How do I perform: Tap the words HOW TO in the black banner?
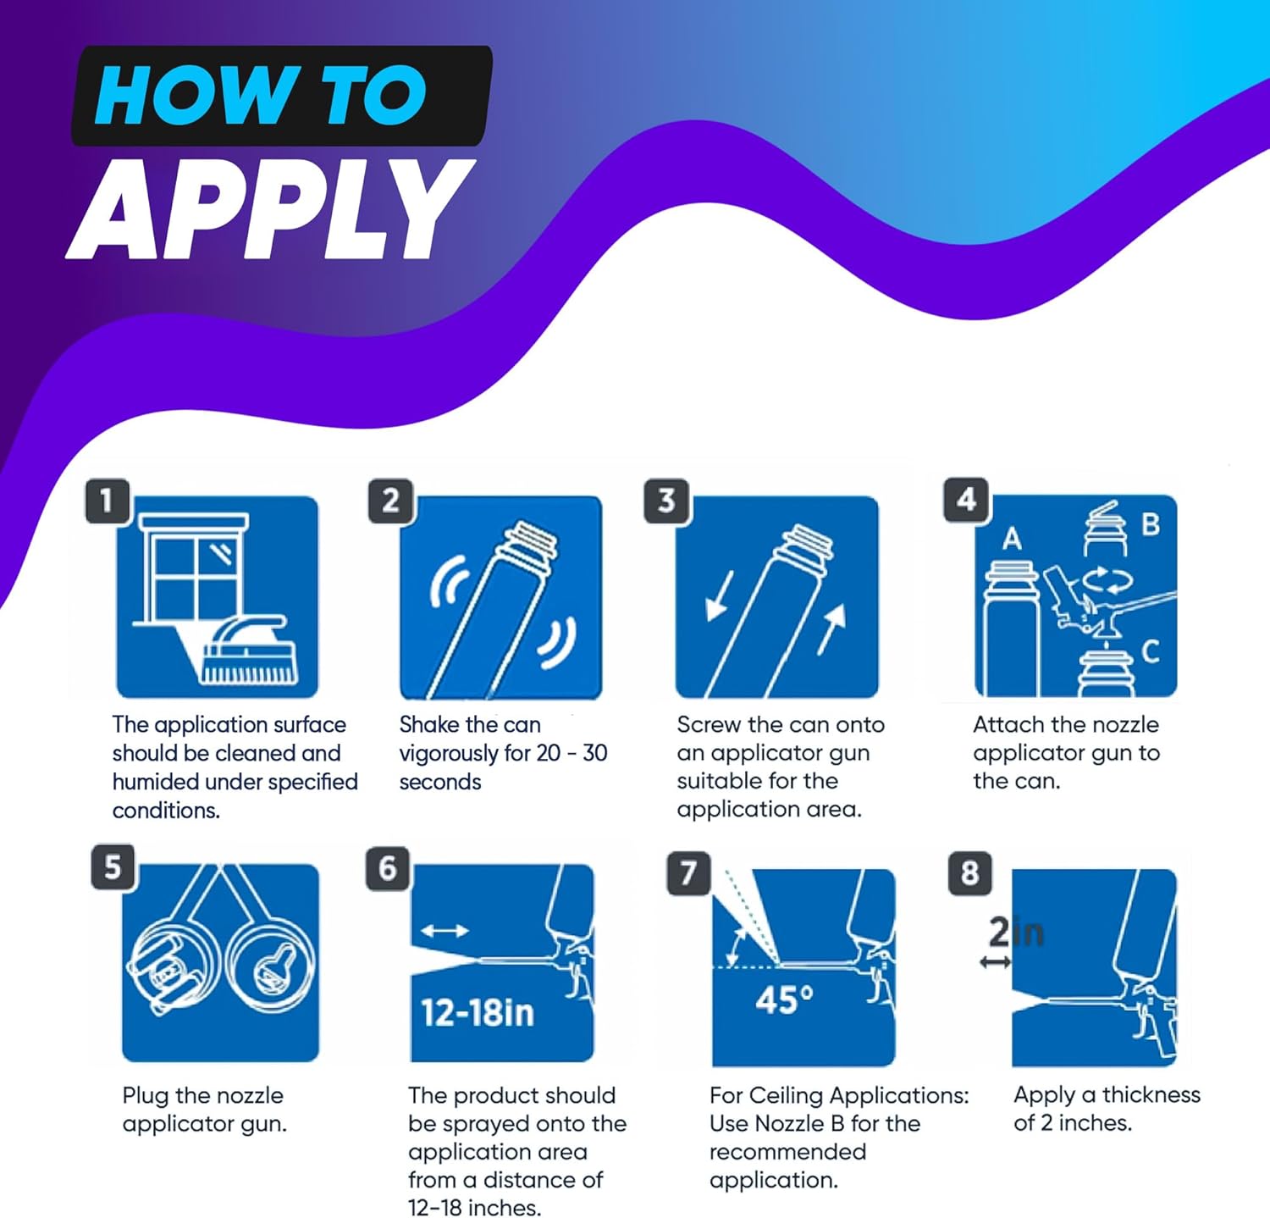(260, 96)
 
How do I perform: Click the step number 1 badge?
(108, 501)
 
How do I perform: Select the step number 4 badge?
(966, 500)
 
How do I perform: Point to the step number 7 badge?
(688, 872)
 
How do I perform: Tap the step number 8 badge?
(970, 872)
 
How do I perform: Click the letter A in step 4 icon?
(1012, 539)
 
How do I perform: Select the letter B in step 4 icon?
(1150, 524)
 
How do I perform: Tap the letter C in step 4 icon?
(1150, 651)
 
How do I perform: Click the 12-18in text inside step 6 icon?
(478, 1012)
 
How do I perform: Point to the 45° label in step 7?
(784, 1000)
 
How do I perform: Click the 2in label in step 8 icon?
(1016, 933)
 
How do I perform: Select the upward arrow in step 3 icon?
(832, 629)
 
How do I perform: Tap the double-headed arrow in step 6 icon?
(444, 931)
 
